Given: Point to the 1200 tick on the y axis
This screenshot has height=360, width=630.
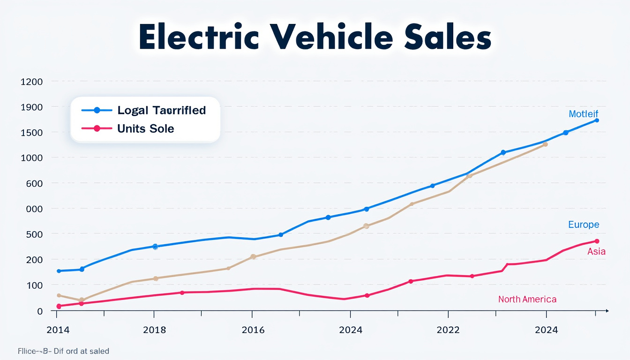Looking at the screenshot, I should click(31, 82).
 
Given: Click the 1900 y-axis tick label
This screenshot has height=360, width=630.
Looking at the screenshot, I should click(31, 107).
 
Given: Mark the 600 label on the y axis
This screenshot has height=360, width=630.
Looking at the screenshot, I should click(34, 183).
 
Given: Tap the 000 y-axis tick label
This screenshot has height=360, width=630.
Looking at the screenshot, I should click(34, 209).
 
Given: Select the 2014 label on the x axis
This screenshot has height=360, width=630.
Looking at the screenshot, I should click(59, 330).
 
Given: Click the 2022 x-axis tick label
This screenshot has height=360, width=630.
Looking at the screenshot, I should click(448, 330).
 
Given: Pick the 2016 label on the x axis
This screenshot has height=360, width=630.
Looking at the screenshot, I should click(253, 330).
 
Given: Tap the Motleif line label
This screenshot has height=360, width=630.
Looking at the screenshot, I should click(583, 114).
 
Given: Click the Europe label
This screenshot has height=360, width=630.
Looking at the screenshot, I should click(583, 225).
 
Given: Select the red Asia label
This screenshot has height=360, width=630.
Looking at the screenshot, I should click(596, 252).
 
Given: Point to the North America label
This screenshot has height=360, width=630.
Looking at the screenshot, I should click(527, 299).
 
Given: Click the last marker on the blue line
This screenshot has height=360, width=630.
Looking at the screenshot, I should click(597, 120).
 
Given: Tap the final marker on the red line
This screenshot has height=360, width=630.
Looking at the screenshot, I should click(597, 241).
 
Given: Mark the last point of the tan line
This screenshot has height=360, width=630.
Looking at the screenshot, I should click(545, 144).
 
